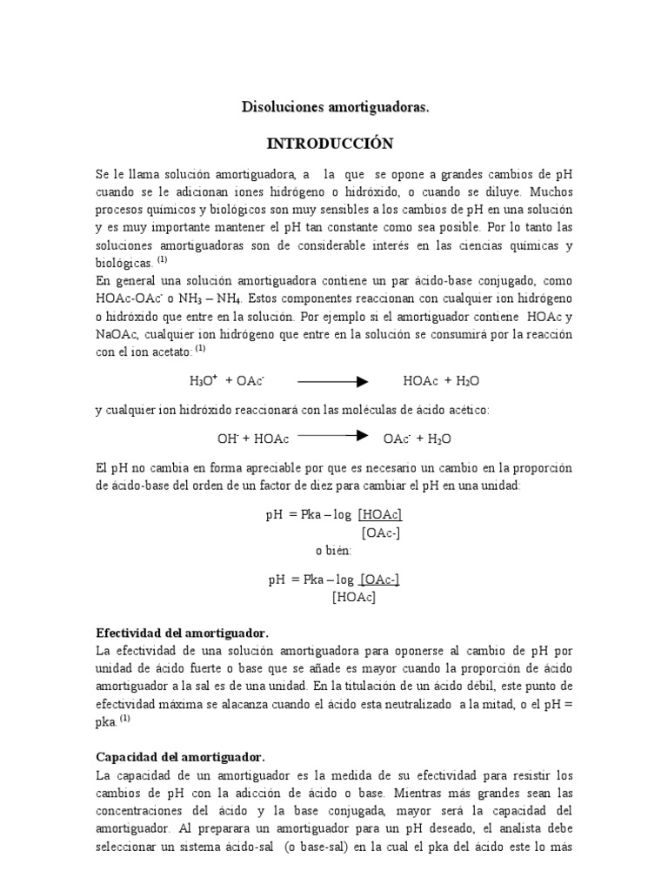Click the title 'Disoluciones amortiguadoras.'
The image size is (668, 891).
(335, 107)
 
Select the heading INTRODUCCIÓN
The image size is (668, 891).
(334, 143)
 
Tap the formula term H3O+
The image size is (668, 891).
(202, 380)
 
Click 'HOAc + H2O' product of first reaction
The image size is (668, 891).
(441, 381)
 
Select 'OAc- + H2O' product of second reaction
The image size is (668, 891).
(417, 439)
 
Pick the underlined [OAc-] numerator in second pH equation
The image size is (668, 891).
(379, 579)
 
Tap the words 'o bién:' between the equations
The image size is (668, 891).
(336, 550)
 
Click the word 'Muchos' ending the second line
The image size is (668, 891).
(551, 191)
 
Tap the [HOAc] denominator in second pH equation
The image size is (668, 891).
(353, 597)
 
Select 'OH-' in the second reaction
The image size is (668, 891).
(226, 439)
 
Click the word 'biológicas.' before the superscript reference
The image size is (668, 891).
(124, 262)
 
